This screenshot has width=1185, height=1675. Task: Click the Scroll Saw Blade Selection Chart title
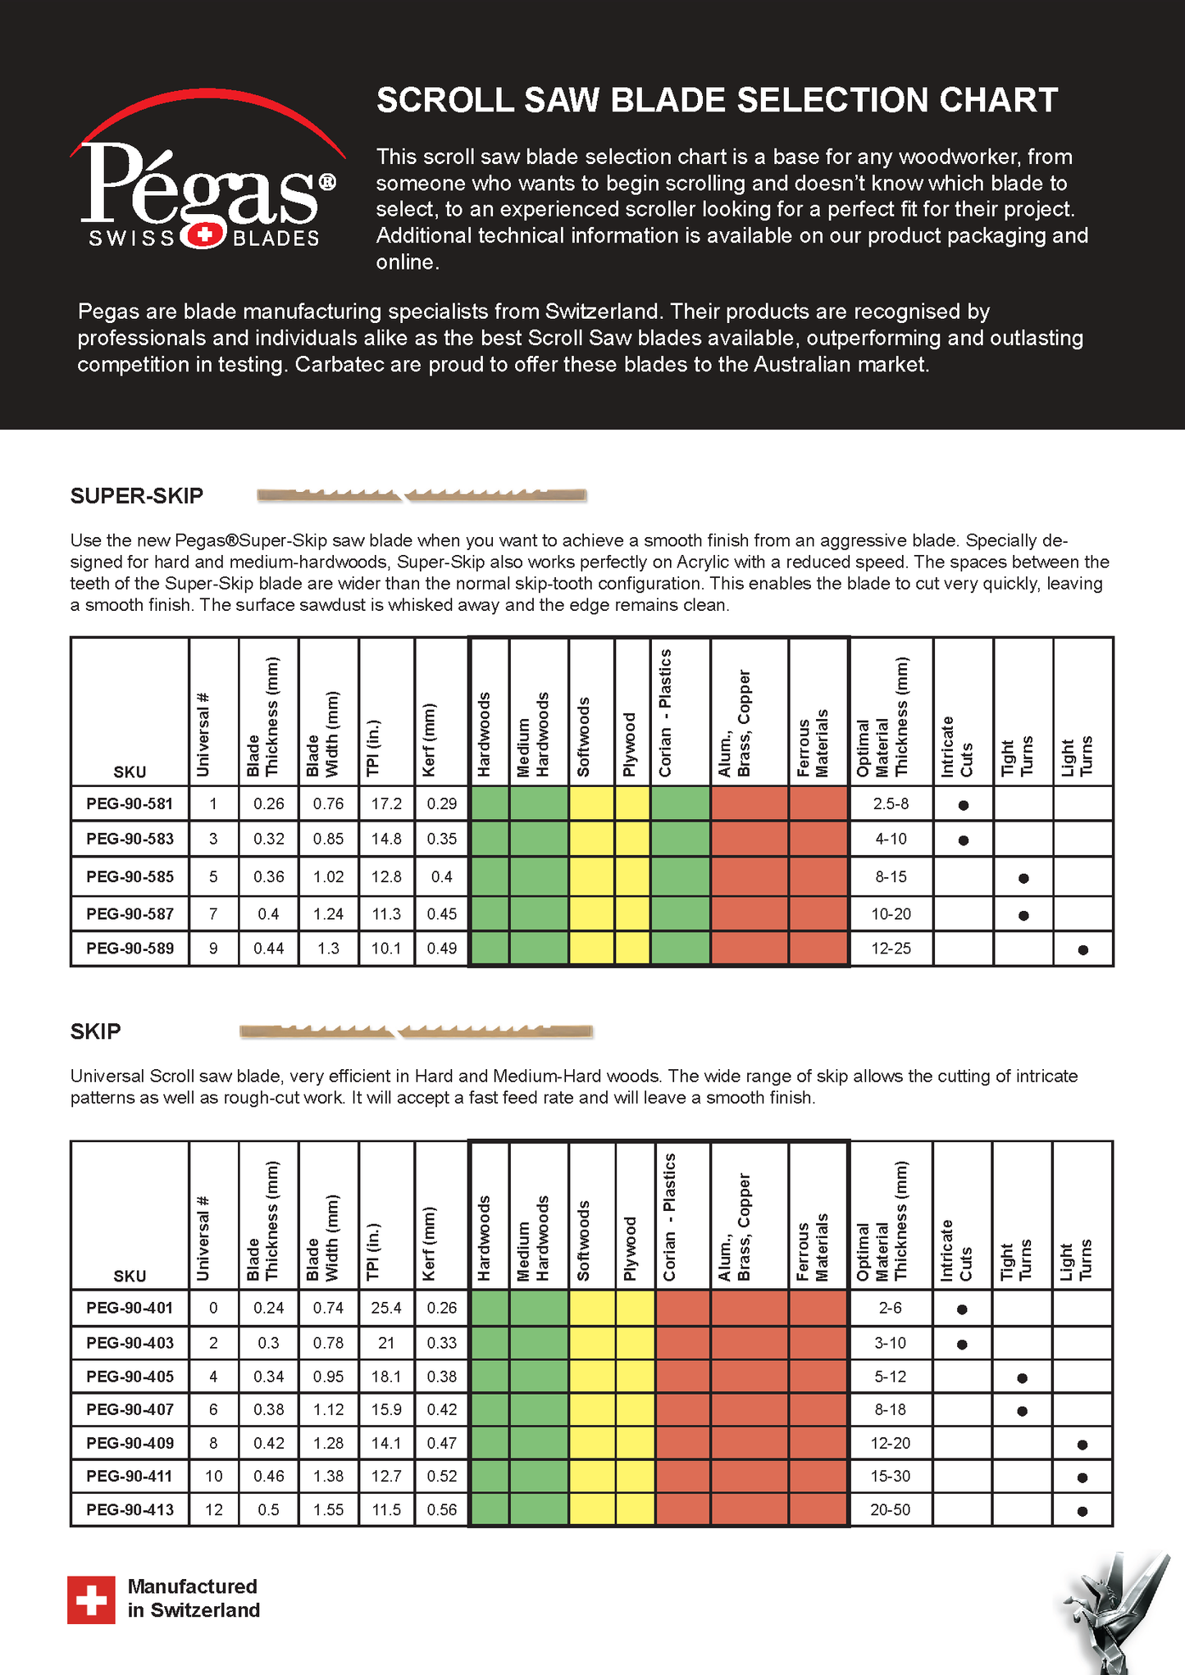pyautogui.click(x=717, y=100)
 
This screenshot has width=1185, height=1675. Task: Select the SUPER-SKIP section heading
pyautogui.click(x=137, y=496)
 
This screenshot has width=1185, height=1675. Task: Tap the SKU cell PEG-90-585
pyautogui.click(x=130, y=876)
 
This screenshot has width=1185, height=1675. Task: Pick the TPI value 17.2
pyautogui.click(x=386, y=803)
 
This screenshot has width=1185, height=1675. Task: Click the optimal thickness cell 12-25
pyautogui.click(x=891, y=949)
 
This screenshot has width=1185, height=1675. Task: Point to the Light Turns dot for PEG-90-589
pyautogui.click(x=1083, y=950)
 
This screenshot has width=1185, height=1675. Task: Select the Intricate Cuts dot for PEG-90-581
pyautogui.click(x=964, y=805)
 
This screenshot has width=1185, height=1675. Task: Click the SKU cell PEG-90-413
pyautogui.click(x=130, y=1509)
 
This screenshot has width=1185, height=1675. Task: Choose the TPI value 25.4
pyautogui.click(x=386, y=1308)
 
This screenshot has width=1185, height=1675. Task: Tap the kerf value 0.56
pyautogui.click(x=441, y=1509)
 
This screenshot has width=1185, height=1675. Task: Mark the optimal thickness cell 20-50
pyautogui.click(x=891, y=1509)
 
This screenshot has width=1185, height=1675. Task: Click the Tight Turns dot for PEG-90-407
pyautogui.click(x=1023, y=1411)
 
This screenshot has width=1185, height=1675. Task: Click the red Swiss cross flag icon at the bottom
pyautogui.click(x=91, y=1600)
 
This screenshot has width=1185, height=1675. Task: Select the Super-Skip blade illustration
pyautogui.click(x=422, y=495)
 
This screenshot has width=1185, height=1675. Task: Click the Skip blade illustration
pyautogui.click(x=416, y=1031)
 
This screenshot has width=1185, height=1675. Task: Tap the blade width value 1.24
pyautogui.click(x=328, y=913)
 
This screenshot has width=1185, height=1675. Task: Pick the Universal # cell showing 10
pyautogui.click(x=213, y=1476)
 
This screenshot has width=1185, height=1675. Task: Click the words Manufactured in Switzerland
pyautogui.click(x=194, y=1598)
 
